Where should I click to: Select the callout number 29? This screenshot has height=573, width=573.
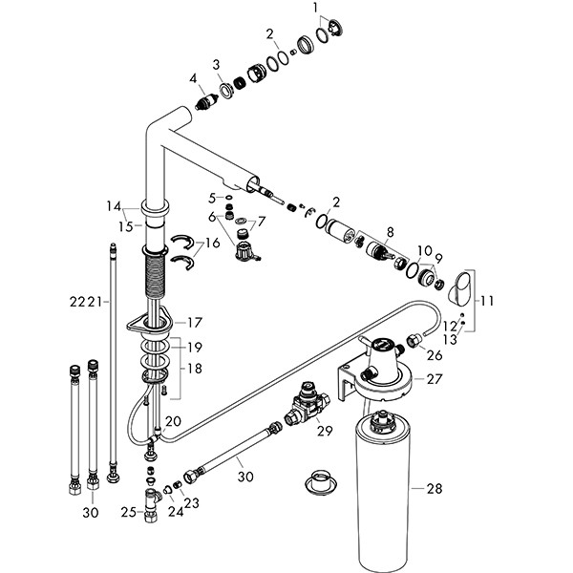tap(325, 432)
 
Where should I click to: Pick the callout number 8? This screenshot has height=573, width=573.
tap(389, 231)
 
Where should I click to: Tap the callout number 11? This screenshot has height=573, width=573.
tap(488, 301)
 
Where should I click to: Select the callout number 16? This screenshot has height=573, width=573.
tap(213, 244)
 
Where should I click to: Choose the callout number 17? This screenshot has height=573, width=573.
tap(195, 322)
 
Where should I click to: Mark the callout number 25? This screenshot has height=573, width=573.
tap(126, 513)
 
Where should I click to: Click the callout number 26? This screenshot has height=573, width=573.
tap(435, 355)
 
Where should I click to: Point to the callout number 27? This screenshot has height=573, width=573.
tap(435, 379)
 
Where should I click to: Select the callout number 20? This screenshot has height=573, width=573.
tap(173, 421)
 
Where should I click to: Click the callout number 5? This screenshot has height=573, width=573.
tap(212, 197)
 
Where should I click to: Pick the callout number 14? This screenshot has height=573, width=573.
tap(114, 205)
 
